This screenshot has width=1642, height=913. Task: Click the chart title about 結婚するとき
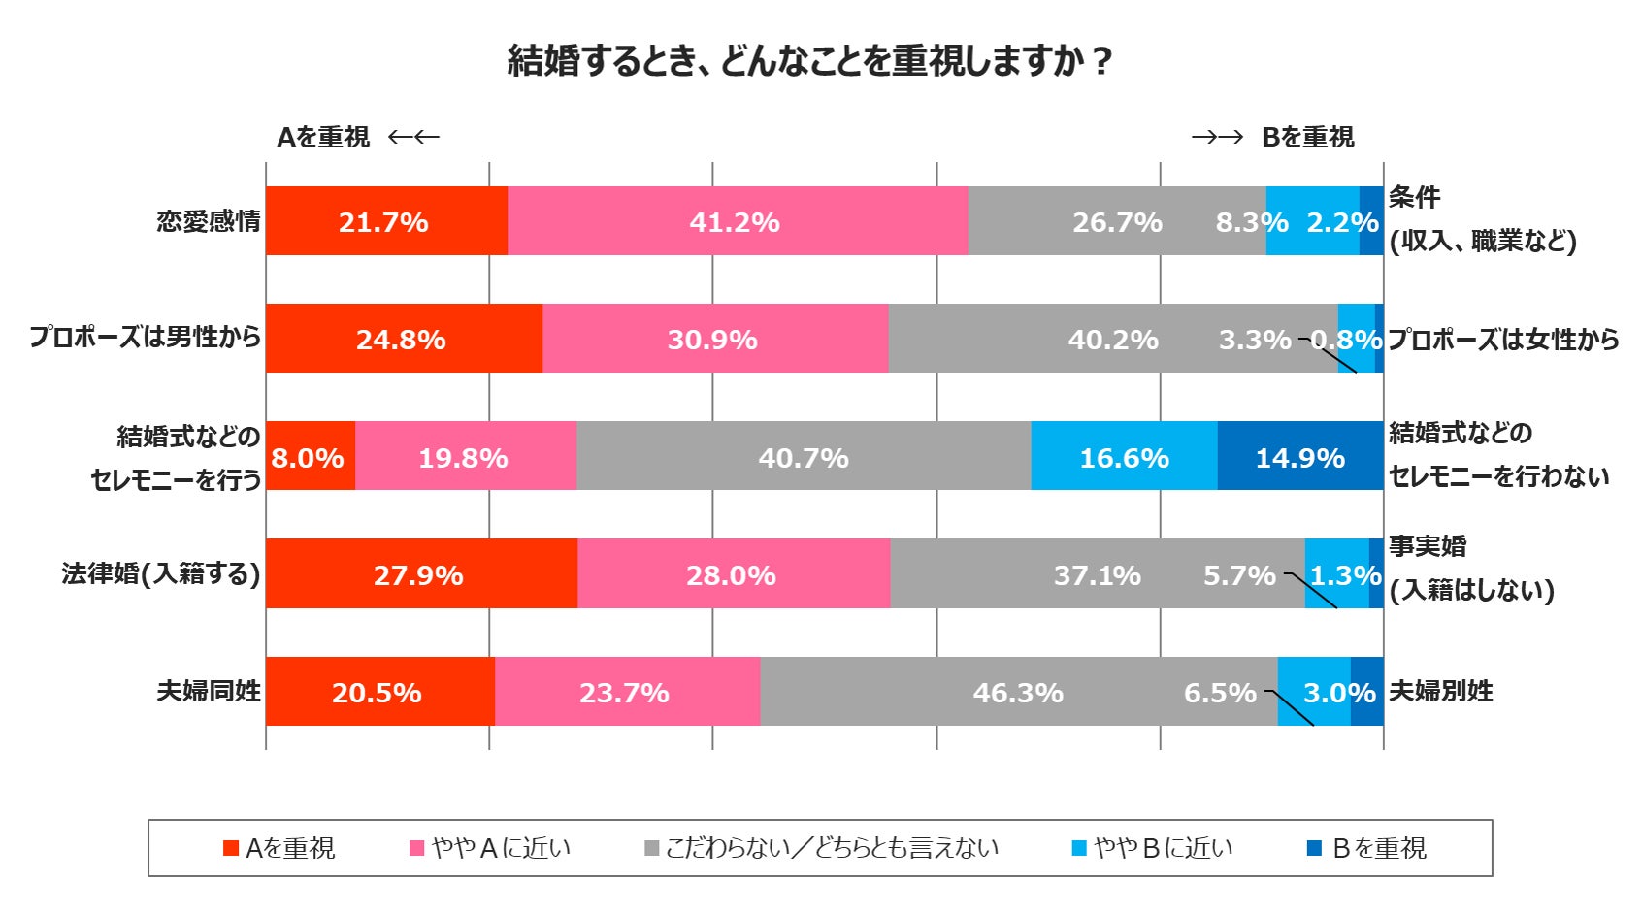click(x=808, y=61)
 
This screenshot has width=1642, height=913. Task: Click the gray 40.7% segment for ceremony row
click(x=804, y=456)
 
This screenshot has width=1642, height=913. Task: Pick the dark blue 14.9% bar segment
click(x=1299, y=456)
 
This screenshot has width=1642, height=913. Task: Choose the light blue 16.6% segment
click(x=1124, y=456)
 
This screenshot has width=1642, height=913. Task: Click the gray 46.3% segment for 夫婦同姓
click(x=1018, y=692)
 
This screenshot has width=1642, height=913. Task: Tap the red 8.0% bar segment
click(x=309, y=456)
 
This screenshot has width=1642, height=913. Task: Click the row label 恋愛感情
click(x=209, y=221)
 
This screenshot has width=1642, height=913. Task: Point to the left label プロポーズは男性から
click(x=146, y=338)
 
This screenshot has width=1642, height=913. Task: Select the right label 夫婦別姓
click(x=1440, y=691)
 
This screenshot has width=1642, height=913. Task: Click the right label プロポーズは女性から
click(x=1502, y=339)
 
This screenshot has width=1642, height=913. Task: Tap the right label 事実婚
click(x=1427, y=546)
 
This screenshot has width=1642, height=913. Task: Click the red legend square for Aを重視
click(x=231, y=848)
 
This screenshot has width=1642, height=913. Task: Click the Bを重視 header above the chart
click(x=1307, y=137)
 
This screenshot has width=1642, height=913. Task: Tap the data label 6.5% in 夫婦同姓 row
click(x=1220, y=693)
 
